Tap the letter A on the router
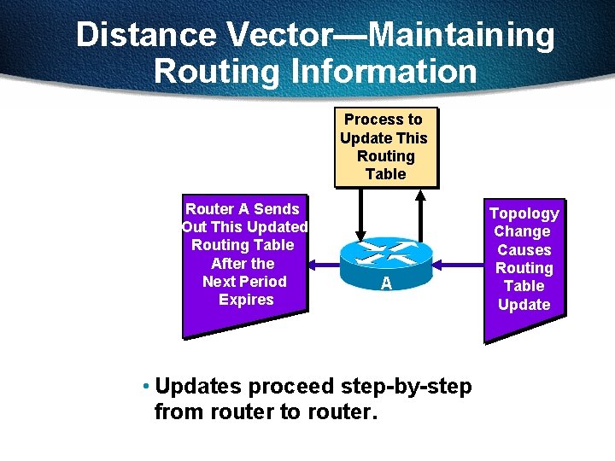pos(386,283)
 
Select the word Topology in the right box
pos(524,213)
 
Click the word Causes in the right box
pos(524,250)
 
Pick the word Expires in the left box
pos(246,300)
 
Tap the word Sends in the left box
pos(277,208)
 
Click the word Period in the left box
pos(263,281)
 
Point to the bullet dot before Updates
pos(147,386)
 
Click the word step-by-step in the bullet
pos(406,386)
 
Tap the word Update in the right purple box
pos(524,305)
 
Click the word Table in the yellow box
pos(385,174)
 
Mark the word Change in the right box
pos(522,231)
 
